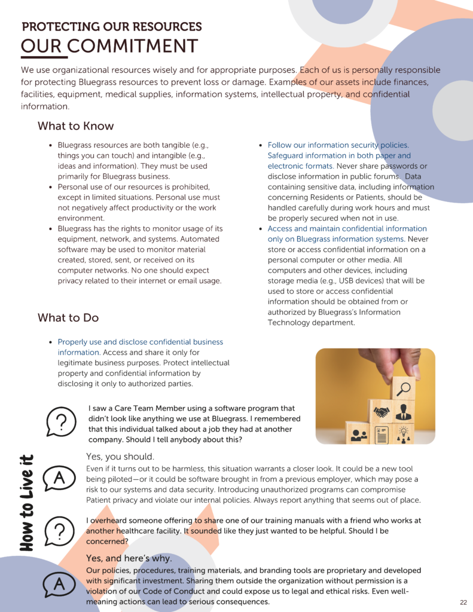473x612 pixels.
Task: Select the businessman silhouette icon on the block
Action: [x=404, y=412]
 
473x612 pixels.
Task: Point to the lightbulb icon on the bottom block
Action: [x=404, y=434]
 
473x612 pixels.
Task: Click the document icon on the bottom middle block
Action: [x=381, y=434]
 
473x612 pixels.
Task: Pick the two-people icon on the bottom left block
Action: [x=359, y=434]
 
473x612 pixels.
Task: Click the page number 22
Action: [x=463, y=602]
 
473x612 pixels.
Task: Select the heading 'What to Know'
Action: [x=75, y=126]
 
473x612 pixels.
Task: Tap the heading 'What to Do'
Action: [x=68, y=317]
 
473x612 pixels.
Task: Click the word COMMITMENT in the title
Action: [x=132, y=46]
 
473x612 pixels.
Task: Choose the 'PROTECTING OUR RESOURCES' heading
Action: [x=112, y=27]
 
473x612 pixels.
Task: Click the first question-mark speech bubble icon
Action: [x=60, y=421]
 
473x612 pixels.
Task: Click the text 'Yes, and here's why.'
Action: [x=129, y=558]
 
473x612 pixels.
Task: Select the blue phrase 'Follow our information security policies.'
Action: [x=338, y=145]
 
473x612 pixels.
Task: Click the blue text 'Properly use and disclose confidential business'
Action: [x=140, y=342]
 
